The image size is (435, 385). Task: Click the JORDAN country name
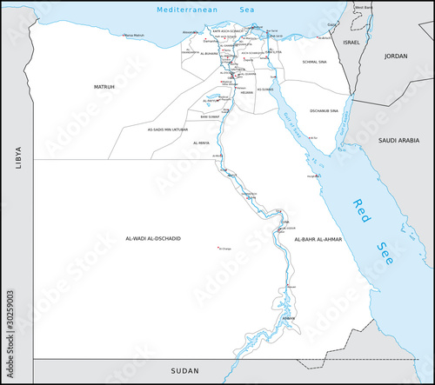coord(396,56)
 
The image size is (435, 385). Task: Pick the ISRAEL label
coord(351,42)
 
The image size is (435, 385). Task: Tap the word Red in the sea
coord(362,208)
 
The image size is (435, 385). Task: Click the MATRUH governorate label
coord(104,88)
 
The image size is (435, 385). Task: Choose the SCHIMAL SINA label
coord(315,63)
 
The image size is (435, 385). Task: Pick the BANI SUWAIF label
coord(210,116)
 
